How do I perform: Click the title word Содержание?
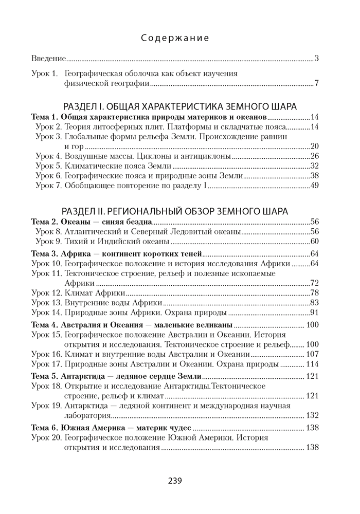[x=175, y=38]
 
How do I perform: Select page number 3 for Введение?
[x=317, y=58]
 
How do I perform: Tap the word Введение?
[x=48, y=58]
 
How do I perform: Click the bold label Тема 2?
[x=44, y=222]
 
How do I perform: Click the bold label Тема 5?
[x=44, y=377]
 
